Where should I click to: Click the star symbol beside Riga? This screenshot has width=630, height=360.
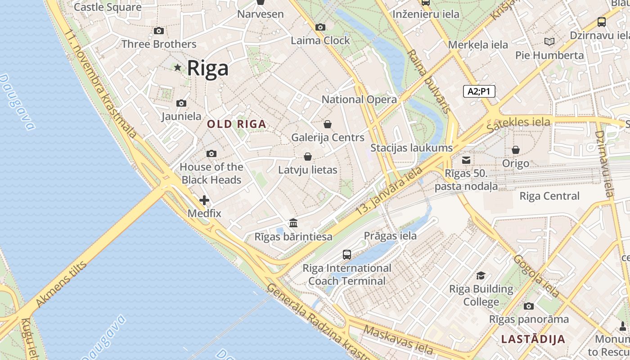click(x=178, y=67)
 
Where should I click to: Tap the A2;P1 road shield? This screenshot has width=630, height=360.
click(x=479, y=91)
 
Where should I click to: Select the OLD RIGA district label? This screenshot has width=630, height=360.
click(x=236, y=124)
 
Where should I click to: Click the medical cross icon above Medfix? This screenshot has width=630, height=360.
click(x=204, y=200)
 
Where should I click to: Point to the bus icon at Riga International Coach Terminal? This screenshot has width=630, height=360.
click(x=347, y=255)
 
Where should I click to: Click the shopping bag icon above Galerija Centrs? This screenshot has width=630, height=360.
click(x=328, y=124)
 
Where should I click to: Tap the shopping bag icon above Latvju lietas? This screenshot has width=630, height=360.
click(x=308, y=157)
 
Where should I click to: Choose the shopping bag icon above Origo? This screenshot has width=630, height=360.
click(x=516, y=150)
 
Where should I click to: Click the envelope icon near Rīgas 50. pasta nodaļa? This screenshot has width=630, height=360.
click(x=466, y=160)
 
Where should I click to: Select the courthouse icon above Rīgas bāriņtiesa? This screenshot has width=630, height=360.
click(x=293, y=223)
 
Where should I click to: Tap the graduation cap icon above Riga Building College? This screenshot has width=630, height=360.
click(x=481, y=275)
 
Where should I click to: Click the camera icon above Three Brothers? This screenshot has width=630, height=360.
click(x=159, y=31)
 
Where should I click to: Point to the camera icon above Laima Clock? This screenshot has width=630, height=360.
click(x=320, y=27)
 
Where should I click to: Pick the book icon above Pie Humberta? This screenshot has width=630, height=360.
click(x=549, y=41)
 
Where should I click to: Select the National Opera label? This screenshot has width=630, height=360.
click(x=359, y=99)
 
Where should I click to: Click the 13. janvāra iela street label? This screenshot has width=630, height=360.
click(x=389, y=190)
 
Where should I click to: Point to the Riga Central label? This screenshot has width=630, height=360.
click(x=549, y=196)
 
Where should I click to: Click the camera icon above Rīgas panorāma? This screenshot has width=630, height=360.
click(x=529, y=306)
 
